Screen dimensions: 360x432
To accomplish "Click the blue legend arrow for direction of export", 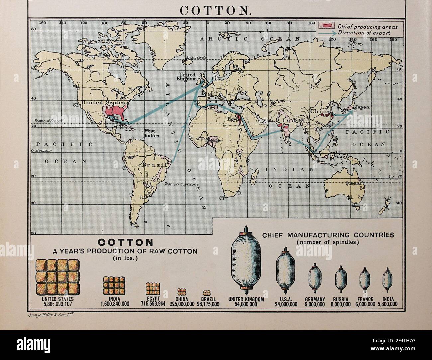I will click(326, 33).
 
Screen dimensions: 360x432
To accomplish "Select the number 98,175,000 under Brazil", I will click(208, 304).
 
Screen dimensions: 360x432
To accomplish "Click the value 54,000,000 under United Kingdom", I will click(246, 304).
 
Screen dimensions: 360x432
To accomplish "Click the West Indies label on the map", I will click(152, 133).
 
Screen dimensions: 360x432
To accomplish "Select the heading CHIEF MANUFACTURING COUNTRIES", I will click(328, 235).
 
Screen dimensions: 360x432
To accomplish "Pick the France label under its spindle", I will click(366, 299).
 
